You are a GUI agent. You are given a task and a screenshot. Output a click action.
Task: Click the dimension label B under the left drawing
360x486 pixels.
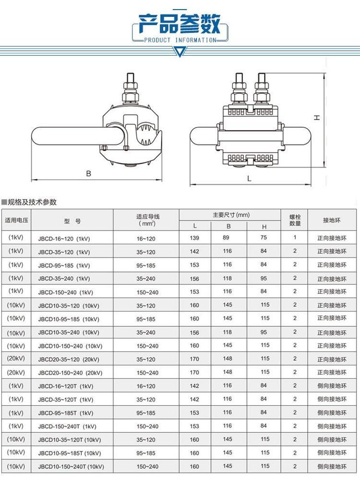pos(89,173)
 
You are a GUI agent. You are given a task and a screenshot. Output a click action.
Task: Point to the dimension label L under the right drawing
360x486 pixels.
pos(249,179)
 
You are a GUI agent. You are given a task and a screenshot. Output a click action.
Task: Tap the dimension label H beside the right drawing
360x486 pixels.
pos(317,118)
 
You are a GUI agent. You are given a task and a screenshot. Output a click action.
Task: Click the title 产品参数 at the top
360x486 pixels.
pos(179,24)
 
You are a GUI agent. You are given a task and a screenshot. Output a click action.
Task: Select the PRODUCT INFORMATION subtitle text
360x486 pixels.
pos(180,40)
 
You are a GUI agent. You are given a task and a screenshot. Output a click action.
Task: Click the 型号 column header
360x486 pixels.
pos(72,221)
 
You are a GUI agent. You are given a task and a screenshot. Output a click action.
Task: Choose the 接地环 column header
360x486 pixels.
pos(332,220)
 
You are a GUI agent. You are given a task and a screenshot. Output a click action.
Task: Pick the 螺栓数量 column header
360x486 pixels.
pos(295,220)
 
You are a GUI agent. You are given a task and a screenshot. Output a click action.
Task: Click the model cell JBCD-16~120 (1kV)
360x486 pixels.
pos(64,239)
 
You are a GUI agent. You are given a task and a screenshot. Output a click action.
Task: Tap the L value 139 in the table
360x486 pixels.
pos(194,238)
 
